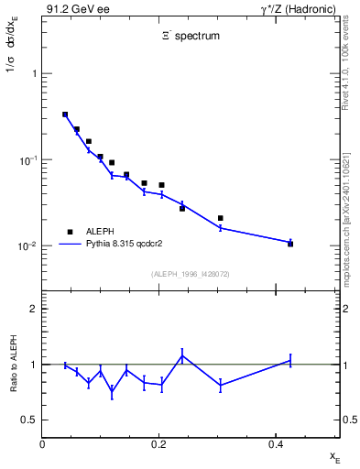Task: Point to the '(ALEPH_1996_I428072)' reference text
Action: pos(191,274)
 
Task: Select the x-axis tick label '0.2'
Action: pos(158,442)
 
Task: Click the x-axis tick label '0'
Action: pos(42,442)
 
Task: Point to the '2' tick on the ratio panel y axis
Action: pos(33,309)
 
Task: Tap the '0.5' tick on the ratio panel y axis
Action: pos(28,420)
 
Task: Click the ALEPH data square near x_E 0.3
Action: pos(221,218)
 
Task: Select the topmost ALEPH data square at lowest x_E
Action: pos(65,115)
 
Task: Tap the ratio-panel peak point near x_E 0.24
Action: pos(182,355)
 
